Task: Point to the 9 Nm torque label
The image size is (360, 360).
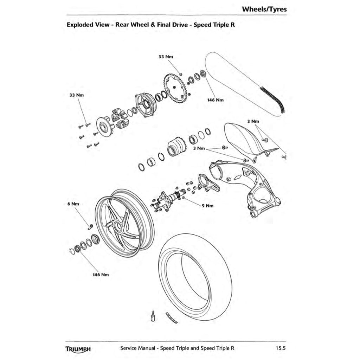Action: coord(207,206)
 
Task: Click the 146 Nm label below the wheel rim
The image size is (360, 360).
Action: coord(101,275)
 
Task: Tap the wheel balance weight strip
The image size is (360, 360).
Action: coord(171,317)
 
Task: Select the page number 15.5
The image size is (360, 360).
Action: coord(281,348)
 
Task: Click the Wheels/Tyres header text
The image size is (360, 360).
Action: coord(264,9)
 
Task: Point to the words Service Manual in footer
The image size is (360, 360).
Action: coord(137,348)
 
